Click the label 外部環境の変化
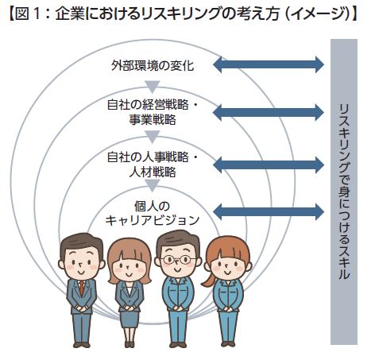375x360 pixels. (153, 66)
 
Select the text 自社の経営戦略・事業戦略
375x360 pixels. (153, 112)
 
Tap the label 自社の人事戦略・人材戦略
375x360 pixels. (153, 165)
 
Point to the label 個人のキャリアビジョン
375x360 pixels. (153, 213)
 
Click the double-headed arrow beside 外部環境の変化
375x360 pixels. (269, 64)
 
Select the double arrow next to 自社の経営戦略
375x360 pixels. (269, 112)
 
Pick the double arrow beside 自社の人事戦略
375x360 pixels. (269, 165)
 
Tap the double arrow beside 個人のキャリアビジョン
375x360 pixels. (269, 211)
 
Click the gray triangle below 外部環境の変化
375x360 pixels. (153, 86)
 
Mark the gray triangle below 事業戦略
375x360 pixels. (153, 136)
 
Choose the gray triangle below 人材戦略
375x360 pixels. (153, 185)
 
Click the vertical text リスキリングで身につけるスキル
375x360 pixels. (344, 192)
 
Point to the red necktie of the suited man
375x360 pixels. (82, 288)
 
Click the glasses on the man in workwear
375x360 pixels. (176, 260)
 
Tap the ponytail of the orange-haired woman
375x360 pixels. (208, 281)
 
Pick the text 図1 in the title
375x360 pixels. (28, 14)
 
